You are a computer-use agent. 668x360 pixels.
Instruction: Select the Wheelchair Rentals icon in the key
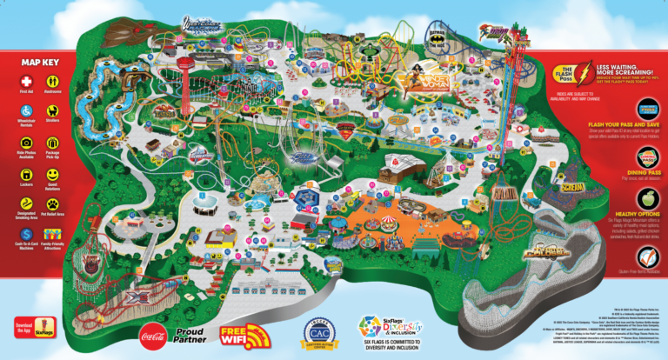coord(25,112)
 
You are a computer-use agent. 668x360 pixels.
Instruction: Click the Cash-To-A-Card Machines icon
coord(25,235)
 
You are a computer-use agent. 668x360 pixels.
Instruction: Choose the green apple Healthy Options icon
coord(647,211)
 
